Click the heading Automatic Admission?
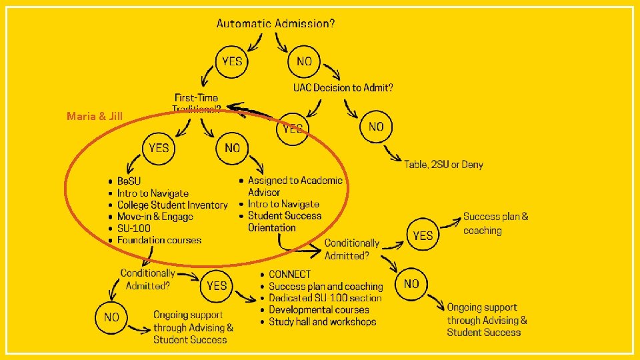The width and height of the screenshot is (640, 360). point(275,23)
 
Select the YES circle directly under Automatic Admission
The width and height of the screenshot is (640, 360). point(232,61)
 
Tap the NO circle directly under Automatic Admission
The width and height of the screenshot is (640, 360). point(304,61)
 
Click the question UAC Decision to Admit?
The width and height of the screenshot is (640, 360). point(343,87)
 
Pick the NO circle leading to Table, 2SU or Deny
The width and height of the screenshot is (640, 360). point(376,126)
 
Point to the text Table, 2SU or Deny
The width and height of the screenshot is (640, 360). point(443,164)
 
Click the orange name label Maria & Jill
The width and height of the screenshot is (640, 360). point(95,117)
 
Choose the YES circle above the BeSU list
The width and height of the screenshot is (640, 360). point(159,147)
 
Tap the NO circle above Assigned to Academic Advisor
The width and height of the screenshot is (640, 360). point(232,147)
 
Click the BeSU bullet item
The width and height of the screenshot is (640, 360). point(129,181)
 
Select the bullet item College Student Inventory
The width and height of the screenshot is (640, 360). point(172,205)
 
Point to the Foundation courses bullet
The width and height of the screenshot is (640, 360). point(159,240)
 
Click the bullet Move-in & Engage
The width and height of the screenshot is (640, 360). point(155,217)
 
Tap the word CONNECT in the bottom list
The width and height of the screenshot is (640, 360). point(289,274)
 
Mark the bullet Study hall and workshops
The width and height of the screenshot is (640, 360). point(322,321)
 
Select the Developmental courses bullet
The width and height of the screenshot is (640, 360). point(319,309)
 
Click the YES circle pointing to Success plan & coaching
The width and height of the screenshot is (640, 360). point(423,235)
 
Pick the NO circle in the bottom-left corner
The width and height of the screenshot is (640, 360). point(111,317)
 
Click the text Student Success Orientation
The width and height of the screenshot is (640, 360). point(284,221)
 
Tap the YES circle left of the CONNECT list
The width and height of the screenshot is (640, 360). point(217,285)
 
